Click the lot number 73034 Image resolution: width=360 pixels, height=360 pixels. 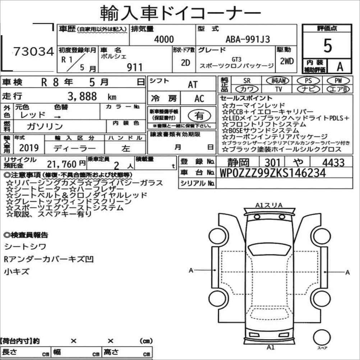click(x=33, y=51)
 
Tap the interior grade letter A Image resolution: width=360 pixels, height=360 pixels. click(x=340, y=66)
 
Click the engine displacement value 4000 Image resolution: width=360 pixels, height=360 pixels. click(x=164, y=39)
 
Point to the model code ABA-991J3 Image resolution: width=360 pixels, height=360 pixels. click(x=248, y=39)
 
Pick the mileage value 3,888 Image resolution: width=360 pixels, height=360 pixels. click(x=82, y=96)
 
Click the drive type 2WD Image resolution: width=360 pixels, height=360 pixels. click(x=287, y=61)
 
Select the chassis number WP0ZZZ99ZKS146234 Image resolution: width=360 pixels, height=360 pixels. click(x=273, y=173)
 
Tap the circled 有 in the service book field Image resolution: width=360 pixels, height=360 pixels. click(x=199, y=115)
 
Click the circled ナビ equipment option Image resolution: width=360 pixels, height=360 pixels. click(x=308, y=89)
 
